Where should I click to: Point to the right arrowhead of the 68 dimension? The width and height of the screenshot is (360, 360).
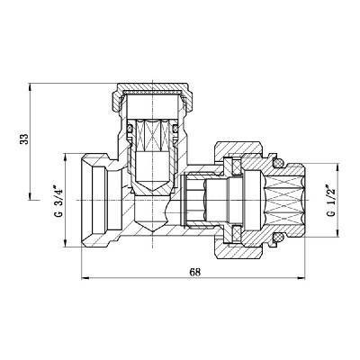pos(305,277)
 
